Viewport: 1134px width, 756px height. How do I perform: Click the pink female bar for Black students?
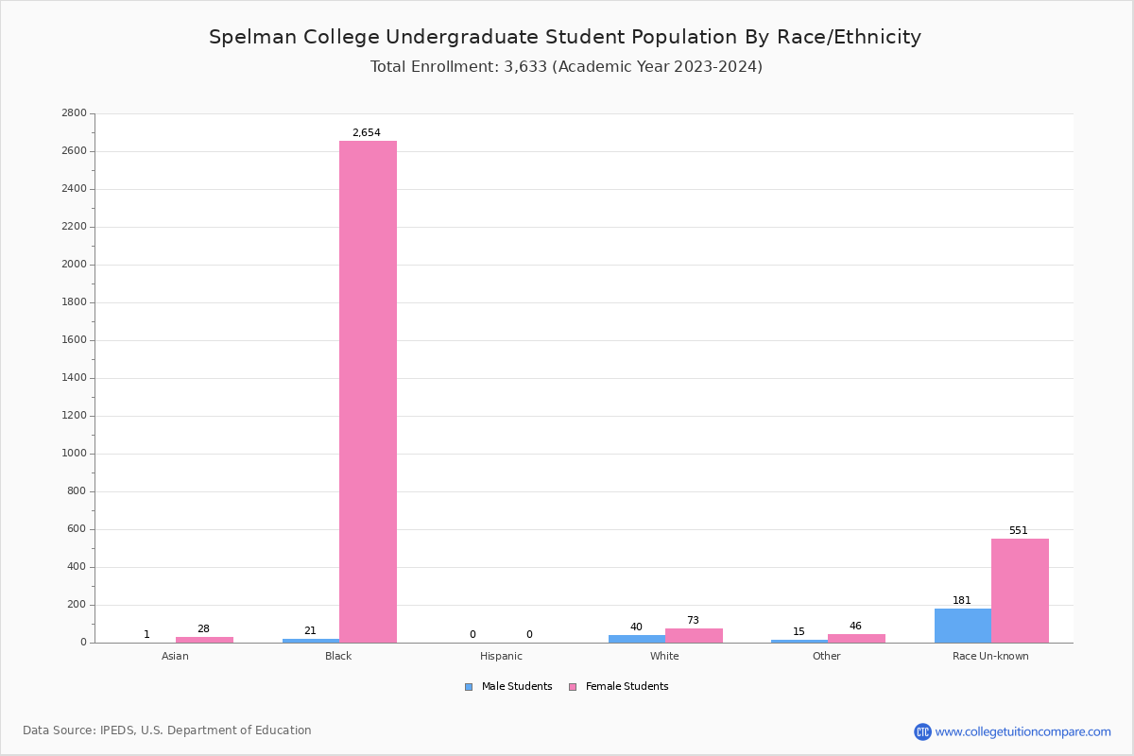click(x=368, y=391)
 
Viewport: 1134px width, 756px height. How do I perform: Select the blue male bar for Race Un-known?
click(x=963, y=626)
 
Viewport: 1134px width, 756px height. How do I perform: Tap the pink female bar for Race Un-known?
click(x=1020, y=591)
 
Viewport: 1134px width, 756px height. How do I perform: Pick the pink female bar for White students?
click(x=694, y=636)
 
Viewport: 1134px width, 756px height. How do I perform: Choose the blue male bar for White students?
click(x=637, y=639)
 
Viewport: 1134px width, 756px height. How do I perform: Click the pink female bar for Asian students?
click(x=204, y=640)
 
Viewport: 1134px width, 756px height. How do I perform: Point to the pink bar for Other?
click(x=856, y=639)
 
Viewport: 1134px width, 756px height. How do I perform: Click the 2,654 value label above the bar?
click(x=367, y=133)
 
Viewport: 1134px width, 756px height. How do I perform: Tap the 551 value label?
click(x=1018, y=531)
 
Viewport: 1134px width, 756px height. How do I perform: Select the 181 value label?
click(x=962, y=601)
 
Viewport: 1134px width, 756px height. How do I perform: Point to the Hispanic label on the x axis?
click(x=501, y=656)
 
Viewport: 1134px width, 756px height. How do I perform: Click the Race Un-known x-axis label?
click(x=990, y=656)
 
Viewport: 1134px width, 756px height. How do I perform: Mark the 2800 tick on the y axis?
click(x=74, y=113)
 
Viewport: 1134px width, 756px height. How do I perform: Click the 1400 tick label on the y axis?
click(x=74, y=378)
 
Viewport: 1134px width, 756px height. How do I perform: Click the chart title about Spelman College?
click(x=565, y=38)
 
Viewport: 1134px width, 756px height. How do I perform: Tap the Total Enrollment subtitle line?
click(x=566, y=67)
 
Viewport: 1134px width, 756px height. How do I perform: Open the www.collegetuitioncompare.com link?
click(x=1022, y=731)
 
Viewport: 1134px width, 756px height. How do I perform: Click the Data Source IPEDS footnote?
click(x=167, y=730)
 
